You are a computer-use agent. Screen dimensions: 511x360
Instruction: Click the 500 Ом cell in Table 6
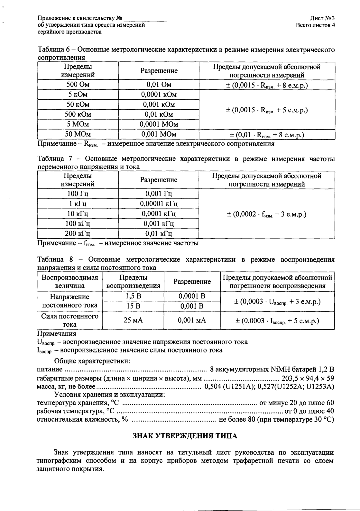coord(78,85)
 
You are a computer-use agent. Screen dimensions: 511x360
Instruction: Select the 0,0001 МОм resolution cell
coord(159,124)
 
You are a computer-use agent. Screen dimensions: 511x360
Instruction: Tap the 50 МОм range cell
coord(78,134)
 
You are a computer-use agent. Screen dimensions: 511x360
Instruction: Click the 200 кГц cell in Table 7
coord(78,233)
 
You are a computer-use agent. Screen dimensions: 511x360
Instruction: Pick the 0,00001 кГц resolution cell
coord(159,204)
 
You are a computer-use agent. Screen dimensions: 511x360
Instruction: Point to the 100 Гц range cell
coord(78,194)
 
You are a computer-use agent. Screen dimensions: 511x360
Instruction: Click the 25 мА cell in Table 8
coord(133,320)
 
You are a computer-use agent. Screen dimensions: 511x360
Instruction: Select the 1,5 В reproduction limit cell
coord(133,296)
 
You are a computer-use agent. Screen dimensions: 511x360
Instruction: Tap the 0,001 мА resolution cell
coord(192,320)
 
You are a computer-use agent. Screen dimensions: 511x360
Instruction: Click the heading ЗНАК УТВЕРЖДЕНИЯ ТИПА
coord(185,436)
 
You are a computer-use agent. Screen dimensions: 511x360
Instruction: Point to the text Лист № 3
coord(322,19)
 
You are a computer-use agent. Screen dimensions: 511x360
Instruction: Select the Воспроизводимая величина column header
coord(70,282)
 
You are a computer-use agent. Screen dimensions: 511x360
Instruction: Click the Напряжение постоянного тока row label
coord(70,301)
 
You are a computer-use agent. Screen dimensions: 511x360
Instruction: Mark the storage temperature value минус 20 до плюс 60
coord(296,403)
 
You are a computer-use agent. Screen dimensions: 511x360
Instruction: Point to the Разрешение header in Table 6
coord(159,71)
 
